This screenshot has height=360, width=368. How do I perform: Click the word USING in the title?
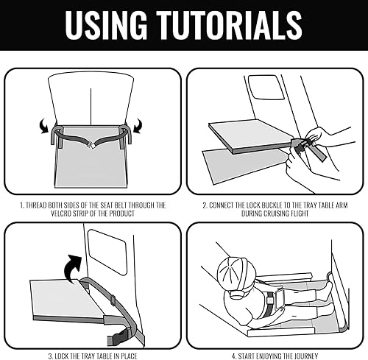pos(106,25)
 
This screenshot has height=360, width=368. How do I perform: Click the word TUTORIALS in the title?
pos(230,25)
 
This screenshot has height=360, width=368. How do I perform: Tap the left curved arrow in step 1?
pos(44,126)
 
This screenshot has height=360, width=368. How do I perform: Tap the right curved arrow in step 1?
pos(138,126)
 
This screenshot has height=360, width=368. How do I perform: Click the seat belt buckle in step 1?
pos(92,145)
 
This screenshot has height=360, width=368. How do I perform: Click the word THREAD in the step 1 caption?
pos(36,205)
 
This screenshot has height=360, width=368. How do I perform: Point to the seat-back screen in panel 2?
pos(266,88)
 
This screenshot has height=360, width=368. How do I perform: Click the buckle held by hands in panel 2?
pos(301,145)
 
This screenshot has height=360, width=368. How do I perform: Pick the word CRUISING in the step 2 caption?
pos(276,213)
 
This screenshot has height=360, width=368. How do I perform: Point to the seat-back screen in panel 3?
pos(107,252)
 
